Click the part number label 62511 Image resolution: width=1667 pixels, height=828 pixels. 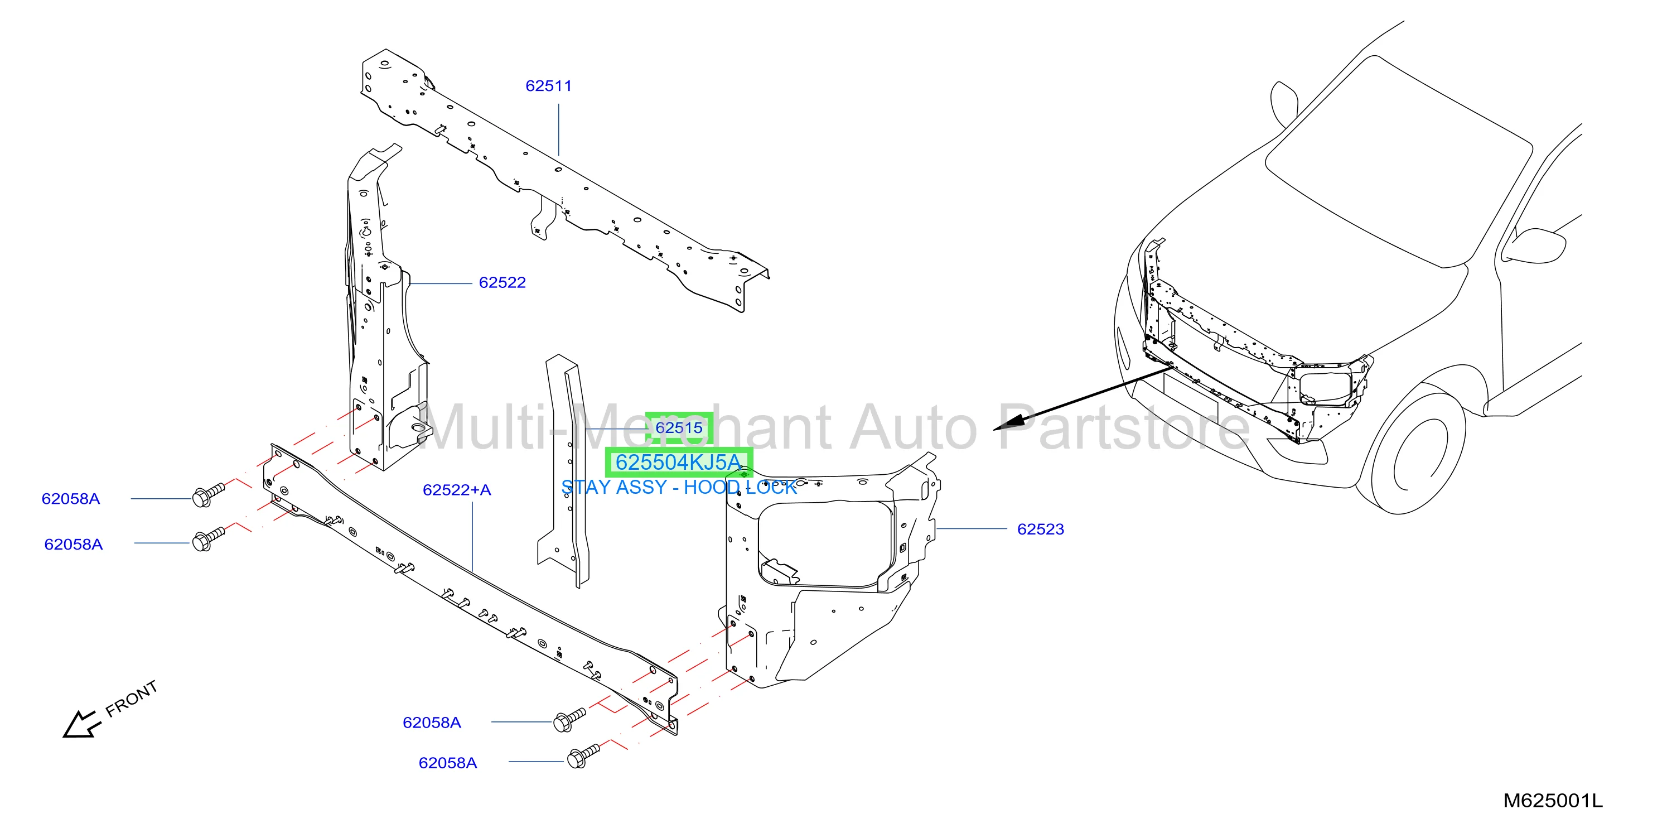[549, 86]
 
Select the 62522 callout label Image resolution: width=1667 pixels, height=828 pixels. [502, 283]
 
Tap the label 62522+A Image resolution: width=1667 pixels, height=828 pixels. [457, 490]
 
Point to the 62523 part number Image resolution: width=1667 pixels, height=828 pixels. [1041, 529]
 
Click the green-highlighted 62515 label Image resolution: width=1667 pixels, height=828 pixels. [679, 428]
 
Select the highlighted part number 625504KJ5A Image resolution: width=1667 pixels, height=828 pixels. [678, 462]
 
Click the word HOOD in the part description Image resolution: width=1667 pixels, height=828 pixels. [711, 488]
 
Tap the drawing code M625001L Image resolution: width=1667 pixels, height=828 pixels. [1553, 801]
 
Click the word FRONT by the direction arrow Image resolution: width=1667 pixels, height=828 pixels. [132, 699]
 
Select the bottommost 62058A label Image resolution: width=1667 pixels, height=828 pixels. [448, 763]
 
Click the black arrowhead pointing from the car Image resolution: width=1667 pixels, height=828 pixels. [1009, 423]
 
